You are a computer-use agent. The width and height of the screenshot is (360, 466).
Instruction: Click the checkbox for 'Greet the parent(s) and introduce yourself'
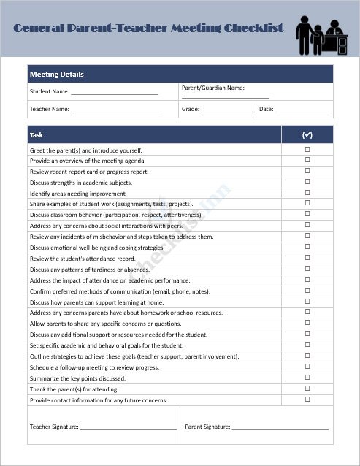coord(307,149)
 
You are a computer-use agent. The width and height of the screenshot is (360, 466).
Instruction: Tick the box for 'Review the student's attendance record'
coord(307,258)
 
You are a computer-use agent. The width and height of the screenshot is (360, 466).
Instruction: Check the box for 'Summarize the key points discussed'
coord(307,378)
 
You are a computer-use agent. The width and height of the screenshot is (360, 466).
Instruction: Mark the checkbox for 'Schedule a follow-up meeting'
coord(307,367)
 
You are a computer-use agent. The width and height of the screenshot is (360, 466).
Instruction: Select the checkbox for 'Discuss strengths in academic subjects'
coord(307,182)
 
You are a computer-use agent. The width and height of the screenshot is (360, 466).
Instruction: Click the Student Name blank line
coord(114,92)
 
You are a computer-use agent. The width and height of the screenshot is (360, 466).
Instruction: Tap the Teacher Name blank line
coord(114,110)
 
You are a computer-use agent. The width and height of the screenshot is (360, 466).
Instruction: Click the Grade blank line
coord(227,110)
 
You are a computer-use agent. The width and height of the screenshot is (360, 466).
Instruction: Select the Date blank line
coord(302,110)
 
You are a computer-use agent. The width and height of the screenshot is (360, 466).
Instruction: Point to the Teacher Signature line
coord(129,427)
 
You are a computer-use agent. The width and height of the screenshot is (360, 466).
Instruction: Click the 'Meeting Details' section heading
coord(57,75)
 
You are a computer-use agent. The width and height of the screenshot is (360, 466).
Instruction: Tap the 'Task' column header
coord(37,135)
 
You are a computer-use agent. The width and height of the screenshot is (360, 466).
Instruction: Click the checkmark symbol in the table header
coord(307,135)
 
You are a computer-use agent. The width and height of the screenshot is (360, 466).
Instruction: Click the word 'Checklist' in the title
coord(248,28)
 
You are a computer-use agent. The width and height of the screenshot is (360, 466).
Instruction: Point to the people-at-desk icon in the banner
coord(322,35)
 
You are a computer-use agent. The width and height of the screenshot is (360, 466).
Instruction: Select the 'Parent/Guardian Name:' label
coord(212,88)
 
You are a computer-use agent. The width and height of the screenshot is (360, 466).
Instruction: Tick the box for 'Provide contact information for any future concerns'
coord(307,400)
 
